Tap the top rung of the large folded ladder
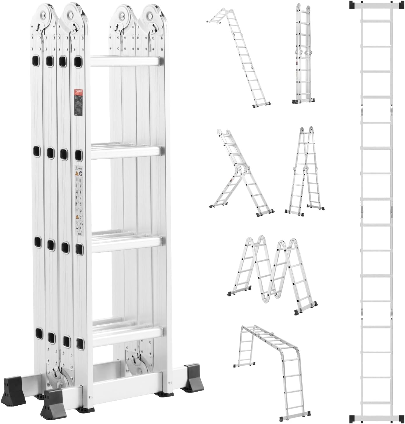click(x=125, y=62)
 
